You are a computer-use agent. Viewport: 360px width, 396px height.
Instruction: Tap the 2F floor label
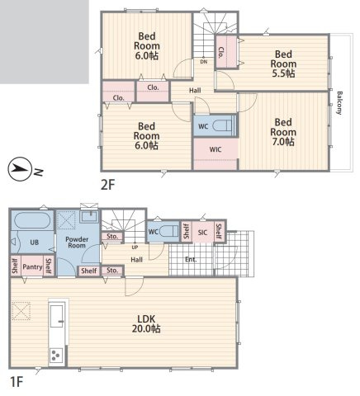(107, 185)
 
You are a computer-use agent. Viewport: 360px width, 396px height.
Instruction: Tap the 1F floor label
(17, 382)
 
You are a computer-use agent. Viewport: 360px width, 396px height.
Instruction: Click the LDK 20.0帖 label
(146, 323)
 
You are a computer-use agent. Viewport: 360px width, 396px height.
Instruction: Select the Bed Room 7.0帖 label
(283, 132)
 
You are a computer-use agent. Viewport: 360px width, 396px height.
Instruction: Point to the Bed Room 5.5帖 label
(283, 64)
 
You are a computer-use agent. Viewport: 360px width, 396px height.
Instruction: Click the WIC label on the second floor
(216, 149)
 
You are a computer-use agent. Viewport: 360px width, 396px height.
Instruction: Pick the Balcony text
(339, 103)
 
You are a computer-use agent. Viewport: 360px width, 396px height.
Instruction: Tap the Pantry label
(32, 267)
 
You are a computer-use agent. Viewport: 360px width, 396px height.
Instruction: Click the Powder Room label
(77, 243)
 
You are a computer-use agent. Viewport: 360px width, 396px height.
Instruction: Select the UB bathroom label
(35, 243)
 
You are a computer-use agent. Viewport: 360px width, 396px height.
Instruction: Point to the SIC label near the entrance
(202, 233)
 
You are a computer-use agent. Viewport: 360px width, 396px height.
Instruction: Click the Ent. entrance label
(191, 259)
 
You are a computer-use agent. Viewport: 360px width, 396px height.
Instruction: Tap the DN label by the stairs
(204, 62)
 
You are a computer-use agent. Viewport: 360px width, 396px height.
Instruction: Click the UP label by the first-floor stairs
(135, 247)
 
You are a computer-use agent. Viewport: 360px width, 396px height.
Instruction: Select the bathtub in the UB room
(32, 220)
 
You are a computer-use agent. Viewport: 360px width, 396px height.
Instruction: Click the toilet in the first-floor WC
(169, 231)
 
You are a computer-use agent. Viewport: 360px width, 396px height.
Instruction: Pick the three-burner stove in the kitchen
(56, 355)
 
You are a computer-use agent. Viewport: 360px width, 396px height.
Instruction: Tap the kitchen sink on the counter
(57, 316)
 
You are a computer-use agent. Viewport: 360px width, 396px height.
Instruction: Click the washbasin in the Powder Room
(89, 217)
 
